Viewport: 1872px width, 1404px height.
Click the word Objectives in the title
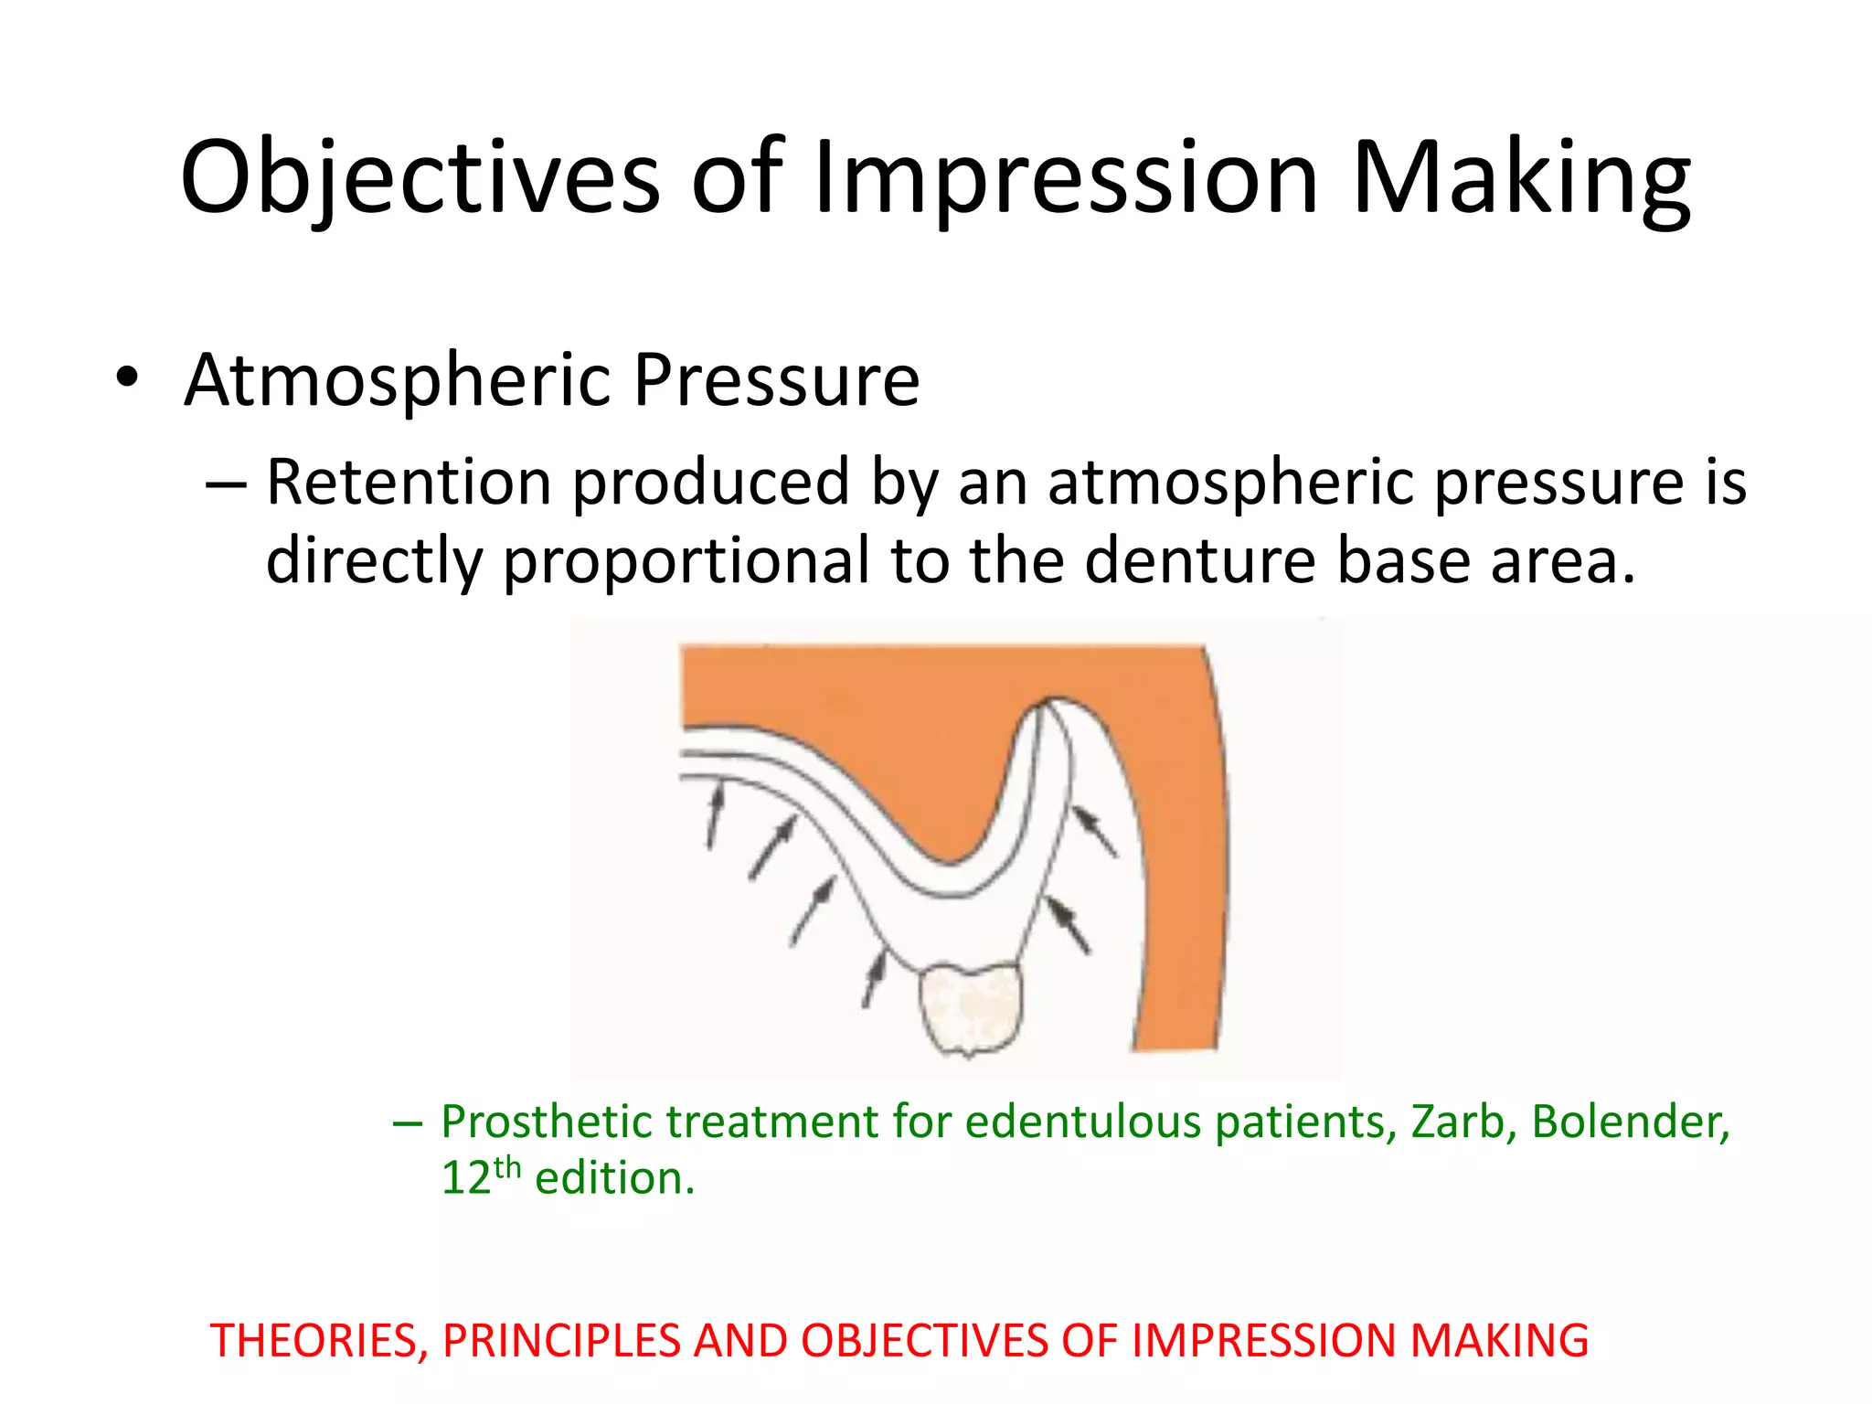pyautogui.click(x=420, y=178)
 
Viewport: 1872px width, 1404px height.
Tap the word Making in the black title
pyautogui.click(x=1520, y=178)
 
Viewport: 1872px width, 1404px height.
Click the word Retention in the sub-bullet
pyautogui.click(x=408, y=482)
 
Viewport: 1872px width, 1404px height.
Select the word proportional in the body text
pyautogui.click(x=686, y=560)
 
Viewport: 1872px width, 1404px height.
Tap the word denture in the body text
pyautogui.click(x=1199, y=560)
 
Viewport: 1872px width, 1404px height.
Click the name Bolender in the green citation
pyautogui.click(x=1629, y=1122)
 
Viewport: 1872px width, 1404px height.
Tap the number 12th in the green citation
pyautogui.click(x=481, y=1176)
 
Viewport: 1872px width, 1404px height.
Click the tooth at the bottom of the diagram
pyautogui.click(x=970, y=1007)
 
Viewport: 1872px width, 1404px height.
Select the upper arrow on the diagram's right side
pyautogui.click(x=1094, y=830)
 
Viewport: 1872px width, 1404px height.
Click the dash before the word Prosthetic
pyautogui.click(x=407, y=1122)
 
